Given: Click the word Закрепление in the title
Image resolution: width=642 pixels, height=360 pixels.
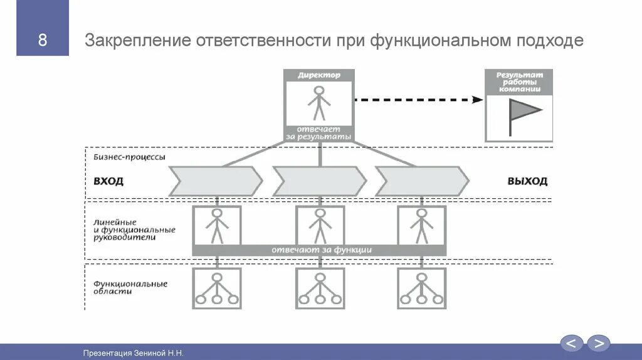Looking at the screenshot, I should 137,41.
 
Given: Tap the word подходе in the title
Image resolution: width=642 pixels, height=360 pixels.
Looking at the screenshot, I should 550,41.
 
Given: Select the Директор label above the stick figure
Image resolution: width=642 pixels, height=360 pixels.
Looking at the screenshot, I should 319,75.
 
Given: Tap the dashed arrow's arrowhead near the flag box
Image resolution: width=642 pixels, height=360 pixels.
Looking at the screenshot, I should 478,99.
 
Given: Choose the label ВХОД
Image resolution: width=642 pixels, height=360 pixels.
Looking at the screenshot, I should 108,181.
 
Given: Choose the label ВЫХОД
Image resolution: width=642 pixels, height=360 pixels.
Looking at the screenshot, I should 527,181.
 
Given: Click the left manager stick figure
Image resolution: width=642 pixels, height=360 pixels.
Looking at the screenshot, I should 217,226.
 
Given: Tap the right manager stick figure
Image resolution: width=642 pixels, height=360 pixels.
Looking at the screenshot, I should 421,226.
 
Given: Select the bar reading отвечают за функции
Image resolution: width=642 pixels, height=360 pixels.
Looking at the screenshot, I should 320,250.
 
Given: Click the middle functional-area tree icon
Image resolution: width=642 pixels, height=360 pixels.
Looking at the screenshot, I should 320,289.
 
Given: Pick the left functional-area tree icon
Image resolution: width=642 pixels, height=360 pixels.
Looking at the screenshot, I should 217,289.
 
